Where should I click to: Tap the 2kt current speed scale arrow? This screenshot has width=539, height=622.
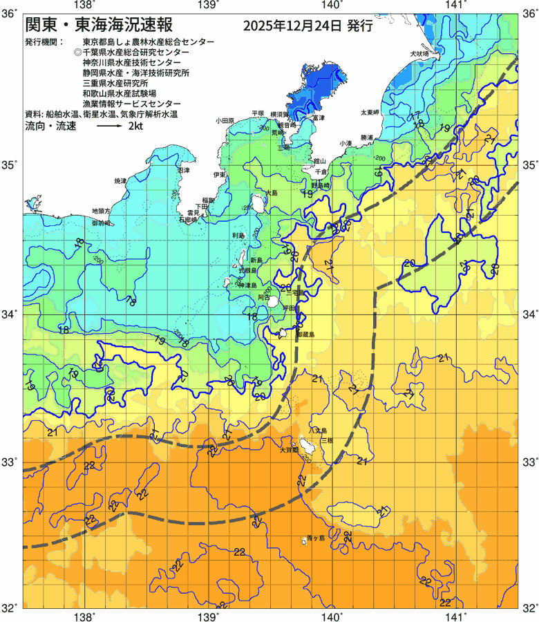point(110,127)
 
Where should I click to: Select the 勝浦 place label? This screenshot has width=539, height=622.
point(367,138)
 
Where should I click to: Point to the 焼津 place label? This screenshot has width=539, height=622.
point(120,180)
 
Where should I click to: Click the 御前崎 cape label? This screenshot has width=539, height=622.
point(102,223)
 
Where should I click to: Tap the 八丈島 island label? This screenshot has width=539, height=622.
point(317,430)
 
